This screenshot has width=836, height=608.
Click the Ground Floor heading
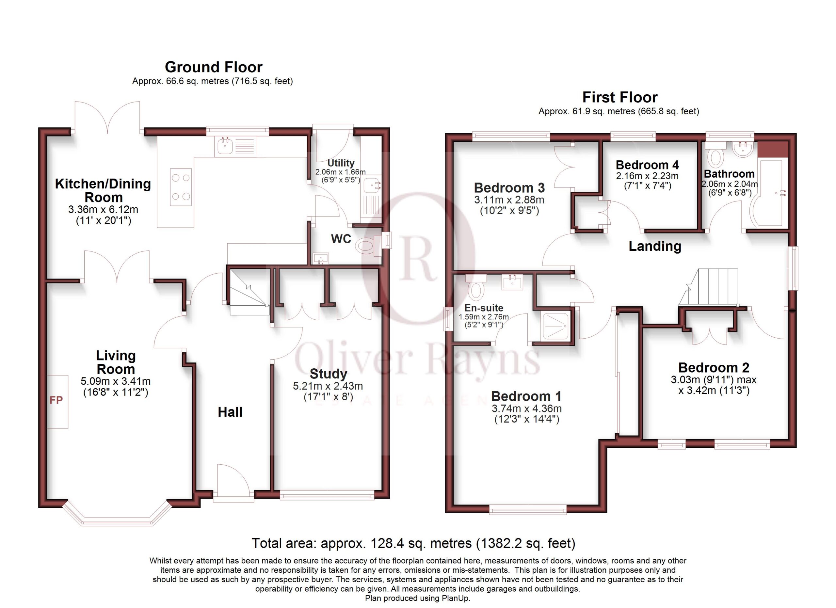(214, 67)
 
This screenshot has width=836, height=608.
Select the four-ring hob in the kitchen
(181, 187)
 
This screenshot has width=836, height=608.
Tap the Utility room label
(341, 163)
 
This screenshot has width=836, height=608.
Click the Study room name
(328, 374)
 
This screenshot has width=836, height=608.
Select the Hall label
(230, 412)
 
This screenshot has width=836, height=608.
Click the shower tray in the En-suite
(556, 326)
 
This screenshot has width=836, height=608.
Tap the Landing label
(655, 246)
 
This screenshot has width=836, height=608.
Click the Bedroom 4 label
(647, 165)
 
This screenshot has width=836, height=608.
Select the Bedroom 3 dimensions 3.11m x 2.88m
(509, 200)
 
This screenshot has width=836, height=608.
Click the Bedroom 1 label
(526, 396)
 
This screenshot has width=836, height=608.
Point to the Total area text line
(413, 543)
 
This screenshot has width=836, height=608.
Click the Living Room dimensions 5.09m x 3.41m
(115, 381)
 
